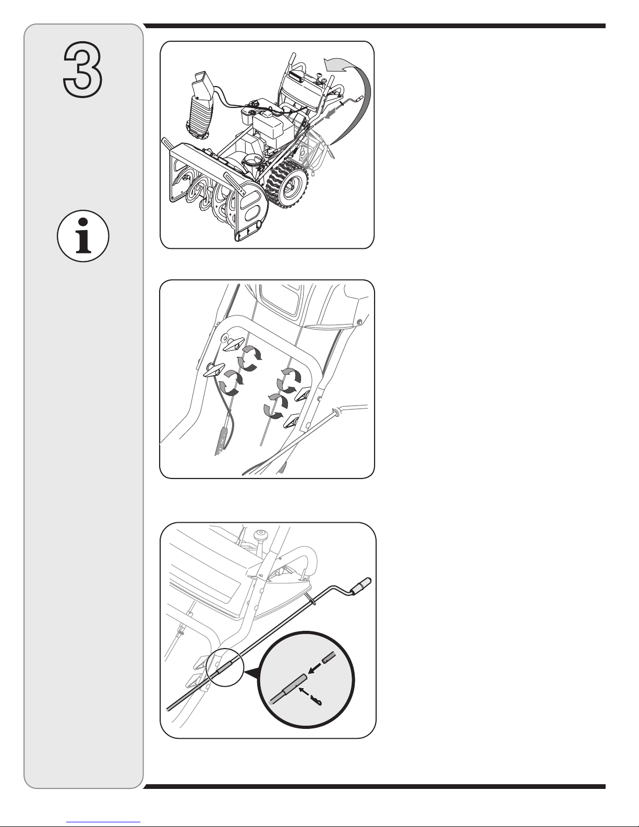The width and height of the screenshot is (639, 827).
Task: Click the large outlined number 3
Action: click(82, 69)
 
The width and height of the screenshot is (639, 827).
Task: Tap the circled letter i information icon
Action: click(83, 236)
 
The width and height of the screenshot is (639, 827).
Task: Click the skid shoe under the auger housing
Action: click(249, 233)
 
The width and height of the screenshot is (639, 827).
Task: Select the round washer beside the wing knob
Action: click(224, 337)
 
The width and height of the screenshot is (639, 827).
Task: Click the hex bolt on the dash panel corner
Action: click(359, 323)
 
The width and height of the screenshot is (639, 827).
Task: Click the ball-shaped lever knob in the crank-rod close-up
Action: click(261, 534)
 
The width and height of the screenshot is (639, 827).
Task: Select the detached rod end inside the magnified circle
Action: click(329, 657)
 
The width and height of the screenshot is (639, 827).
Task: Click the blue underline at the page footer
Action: click(103, 820)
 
